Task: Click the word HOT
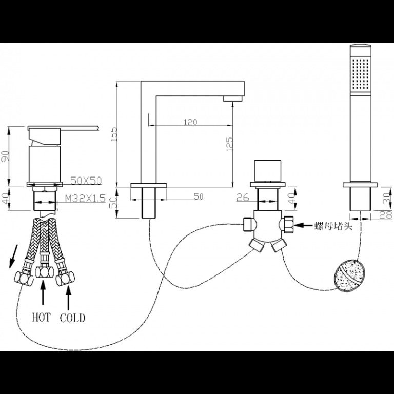(41, 317)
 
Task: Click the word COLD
(72, 318)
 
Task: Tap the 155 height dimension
(114, 134)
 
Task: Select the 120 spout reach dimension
(190, 123)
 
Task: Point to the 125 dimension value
(229, 144)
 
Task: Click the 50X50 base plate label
(86, 181)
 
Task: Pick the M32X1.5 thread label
(85, 199)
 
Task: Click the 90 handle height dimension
(6, 156)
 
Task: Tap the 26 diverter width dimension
(243, 197)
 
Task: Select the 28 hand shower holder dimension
(388, 215)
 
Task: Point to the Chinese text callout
(333, 226)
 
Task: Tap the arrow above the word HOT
(43, 292)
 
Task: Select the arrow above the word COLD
(68, 298)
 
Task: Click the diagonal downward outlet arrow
(13, 257)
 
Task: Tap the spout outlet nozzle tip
(233, 98)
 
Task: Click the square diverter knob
(268, 171)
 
